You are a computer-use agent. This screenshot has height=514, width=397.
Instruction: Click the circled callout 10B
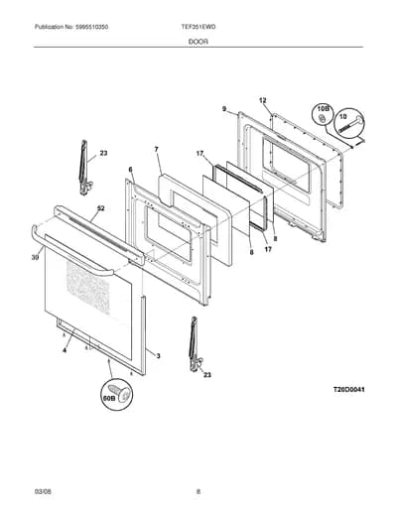322,114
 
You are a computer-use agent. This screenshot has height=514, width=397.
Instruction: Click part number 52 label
100,208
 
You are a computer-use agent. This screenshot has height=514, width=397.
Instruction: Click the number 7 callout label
156,150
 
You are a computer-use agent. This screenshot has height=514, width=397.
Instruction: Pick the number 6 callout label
130,170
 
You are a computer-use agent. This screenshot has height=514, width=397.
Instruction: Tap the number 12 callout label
262,100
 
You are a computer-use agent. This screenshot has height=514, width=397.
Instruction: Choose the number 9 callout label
224,108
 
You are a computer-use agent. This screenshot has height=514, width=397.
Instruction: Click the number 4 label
65,350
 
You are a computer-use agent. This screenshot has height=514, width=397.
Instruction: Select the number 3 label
158,356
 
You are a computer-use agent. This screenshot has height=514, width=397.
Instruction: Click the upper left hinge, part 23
84,168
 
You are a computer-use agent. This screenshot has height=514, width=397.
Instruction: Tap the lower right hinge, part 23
196,344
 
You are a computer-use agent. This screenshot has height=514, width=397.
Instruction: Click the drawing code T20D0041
348,390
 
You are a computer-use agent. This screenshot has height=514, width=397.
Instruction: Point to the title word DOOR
198,42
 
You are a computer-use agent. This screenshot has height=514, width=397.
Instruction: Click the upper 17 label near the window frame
199,154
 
